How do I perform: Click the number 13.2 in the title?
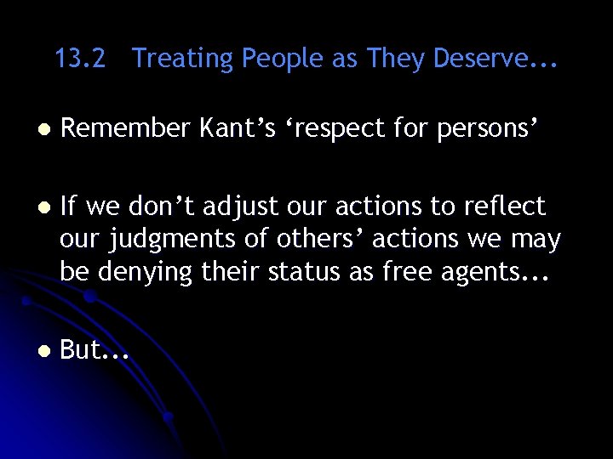click(x=80, y=59)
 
